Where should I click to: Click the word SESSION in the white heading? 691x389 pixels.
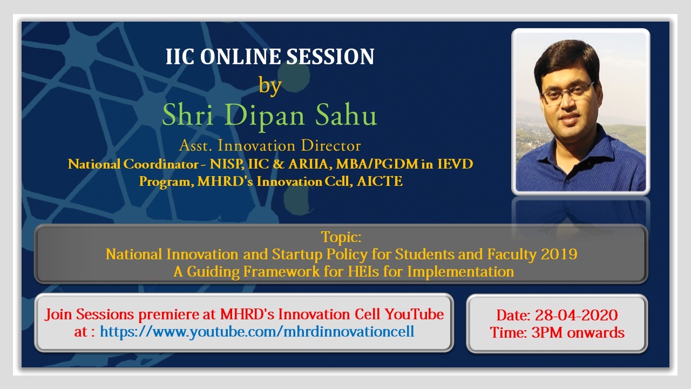[330, 57]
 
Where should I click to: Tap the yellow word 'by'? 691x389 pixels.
[270, 85]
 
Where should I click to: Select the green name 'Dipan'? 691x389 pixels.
[265, 116]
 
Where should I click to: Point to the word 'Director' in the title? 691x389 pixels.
[331, 145]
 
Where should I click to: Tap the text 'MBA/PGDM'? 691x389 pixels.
[377, 164]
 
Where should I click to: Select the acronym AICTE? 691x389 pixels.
[380, 181]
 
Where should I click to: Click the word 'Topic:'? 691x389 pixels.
[341, 237]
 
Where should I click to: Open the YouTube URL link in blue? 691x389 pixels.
[257, 332]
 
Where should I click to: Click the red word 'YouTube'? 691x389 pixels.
[414, 314]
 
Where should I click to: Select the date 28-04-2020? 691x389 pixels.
[576, 315]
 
